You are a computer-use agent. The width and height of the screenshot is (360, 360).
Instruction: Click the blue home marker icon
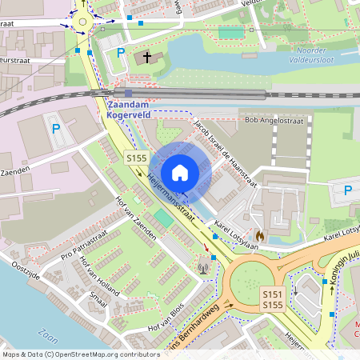coord(180,172)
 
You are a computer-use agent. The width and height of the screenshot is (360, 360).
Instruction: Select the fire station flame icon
coord(259,237)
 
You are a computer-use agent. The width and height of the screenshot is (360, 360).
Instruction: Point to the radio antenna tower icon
coord(202,266)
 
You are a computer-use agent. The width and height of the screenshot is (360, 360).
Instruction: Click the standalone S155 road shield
coord(135,158)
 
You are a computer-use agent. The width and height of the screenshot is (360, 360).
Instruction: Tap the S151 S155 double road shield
coord(273,300)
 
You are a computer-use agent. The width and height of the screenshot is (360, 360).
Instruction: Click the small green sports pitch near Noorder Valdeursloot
coord(230,34)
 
